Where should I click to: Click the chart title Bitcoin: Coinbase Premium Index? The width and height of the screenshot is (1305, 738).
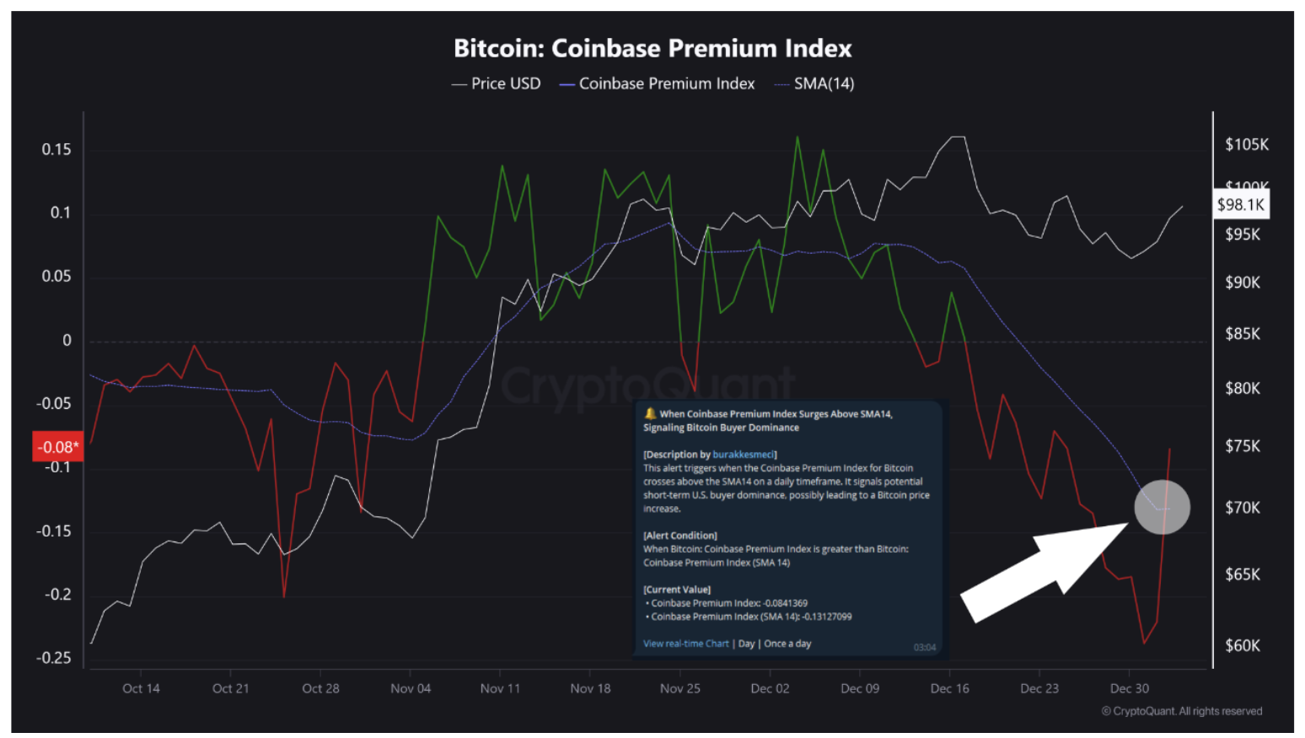click(652, 49)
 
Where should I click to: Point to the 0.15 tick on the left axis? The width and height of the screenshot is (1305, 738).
click(56, 149)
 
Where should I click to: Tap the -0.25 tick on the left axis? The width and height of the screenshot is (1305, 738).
click(53, 658)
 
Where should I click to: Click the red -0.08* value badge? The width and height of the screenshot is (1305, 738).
click(58, 447)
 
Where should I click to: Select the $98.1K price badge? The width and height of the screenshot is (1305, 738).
click(1240, 205)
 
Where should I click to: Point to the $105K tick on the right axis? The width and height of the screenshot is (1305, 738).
click(1247, 145)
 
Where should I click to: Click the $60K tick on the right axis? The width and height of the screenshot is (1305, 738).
click(1243, 646)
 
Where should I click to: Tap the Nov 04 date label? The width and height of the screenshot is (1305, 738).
click(411, 688)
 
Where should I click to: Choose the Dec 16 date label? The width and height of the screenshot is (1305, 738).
click(949, 688)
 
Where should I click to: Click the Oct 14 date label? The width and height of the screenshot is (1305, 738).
click(141, 688)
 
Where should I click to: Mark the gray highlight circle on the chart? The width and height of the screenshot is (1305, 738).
click(1162, 507)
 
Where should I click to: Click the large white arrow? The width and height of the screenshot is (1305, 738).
click(1045, 568)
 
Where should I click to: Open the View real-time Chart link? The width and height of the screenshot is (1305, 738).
click(685, 644)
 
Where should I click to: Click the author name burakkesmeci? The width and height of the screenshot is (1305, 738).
click(743, 455)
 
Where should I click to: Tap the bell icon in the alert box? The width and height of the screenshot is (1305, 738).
click(650, 414)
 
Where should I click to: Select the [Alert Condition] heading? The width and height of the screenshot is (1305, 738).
click(680, 536)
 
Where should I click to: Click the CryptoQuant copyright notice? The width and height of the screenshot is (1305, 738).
click(1182, 711)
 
